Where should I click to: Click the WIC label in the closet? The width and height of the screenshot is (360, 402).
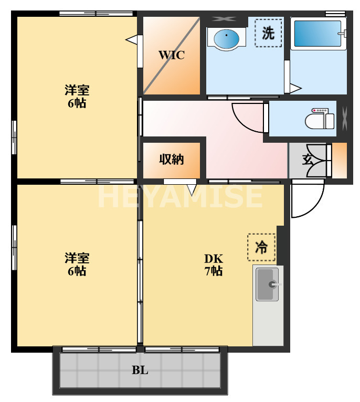tap(172, 55)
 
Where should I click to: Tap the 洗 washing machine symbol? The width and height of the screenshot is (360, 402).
tap(268, 33)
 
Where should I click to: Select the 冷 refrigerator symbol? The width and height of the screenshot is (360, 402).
tap(261, 247)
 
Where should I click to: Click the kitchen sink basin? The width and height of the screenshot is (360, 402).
tap(267, 284)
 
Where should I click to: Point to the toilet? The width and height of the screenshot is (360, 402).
tap(320, 119)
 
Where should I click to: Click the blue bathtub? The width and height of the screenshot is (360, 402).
tap(316, 34)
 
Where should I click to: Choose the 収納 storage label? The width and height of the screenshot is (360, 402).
tap(172, 160)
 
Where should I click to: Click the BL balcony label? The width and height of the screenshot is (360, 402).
tap(140, 371)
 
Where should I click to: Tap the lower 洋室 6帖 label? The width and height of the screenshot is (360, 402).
tap(77, 265)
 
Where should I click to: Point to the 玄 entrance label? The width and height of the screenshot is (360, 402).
tap(307, 160)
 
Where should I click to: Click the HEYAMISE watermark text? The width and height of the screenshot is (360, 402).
tap(180, 196)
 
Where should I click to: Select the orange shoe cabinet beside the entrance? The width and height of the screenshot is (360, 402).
tap(340, 160)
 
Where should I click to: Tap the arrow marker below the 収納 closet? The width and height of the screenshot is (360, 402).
tap(192, 187)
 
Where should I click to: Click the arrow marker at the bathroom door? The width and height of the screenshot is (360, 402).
tap(295, 88)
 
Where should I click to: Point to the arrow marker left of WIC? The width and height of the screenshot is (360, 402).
tap(132, 39)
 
